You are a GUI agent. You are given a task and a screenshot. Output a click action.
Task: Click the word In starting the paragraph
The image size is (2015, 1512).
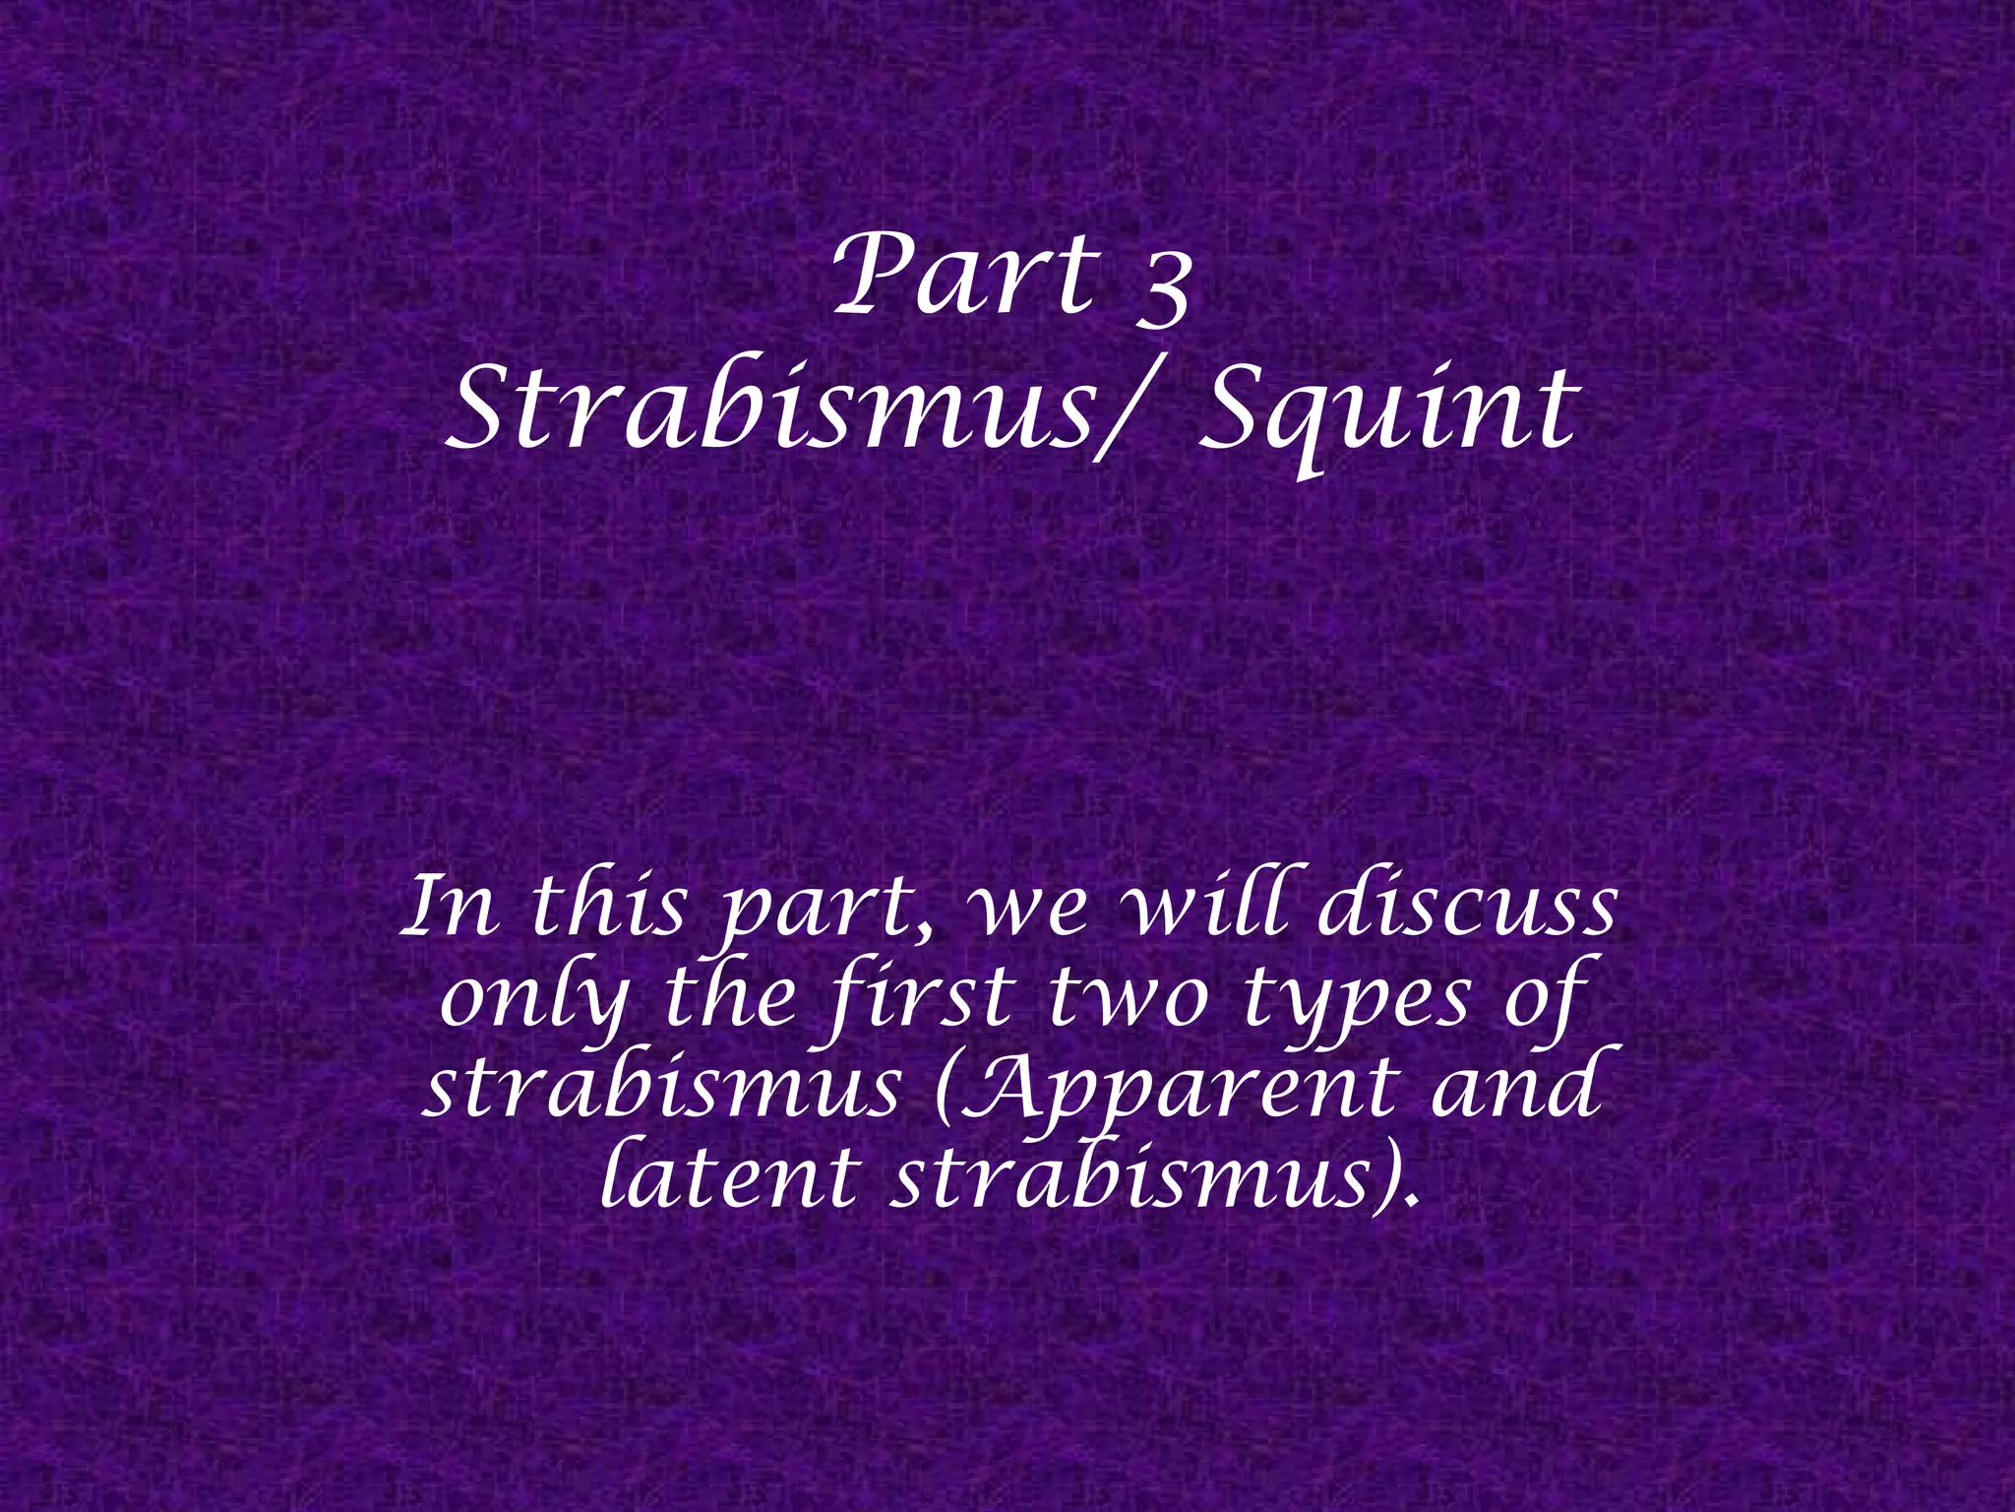(x=453, y=907)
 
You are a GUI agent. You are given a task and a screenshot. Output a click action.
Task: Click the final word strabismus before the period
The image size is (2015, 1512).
(x=1131, y=1177)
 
